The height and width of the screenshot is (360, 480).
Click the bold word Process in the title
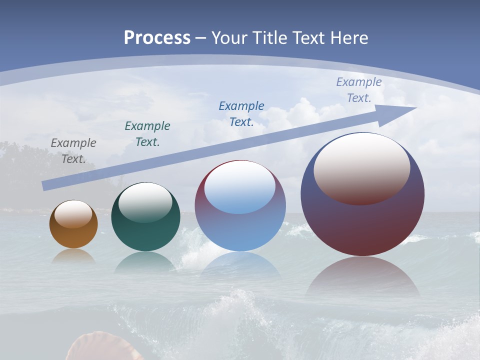point(157,38)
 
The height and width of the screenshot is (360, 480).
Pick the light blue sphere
point(240,230)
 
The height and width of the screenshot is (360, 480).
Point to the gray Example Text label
point(73,150)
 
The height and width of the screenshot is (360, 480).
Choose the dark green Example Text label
point(147,133)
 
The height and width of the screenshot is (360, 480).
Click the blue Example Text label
point(241,113)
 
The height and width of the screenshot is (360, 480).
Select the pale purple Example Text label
point(359,89)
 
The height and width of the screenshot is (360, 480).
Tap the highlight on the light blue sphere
point(240,188)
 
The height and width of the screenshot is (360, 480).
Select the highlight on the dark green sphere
point(145,202)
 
